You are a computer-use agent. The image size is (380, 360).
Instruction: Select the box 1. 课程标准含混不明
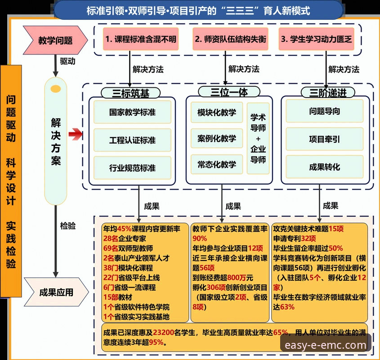pyautogui.click(x=140, y=39)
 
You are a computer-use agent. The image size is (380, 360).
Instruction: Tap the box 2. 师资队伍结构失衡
pyautogui.click(x=230, y=39)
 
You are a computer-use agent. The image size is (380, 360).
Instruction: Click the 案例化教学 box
pyautogui.click(x=216, y=138)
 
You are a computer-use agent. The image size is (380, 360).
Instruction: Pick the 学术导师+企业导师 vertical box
pyautogui.click(x=258, y=138)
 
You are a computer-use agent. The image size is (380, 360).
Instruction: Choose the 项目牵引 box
pyautogui.click(x=324, y=139)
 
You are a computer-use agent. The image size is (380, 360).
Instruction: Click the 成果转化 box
pyautogui.click(x=324, y=167)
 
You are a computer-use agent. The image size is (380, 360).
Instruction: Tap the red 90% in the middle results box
pyautogui.click(x=199, y=238)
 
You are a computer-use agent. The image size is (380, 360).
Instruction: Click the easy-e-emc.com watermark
pyautogui.click(x=326, y=345)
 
